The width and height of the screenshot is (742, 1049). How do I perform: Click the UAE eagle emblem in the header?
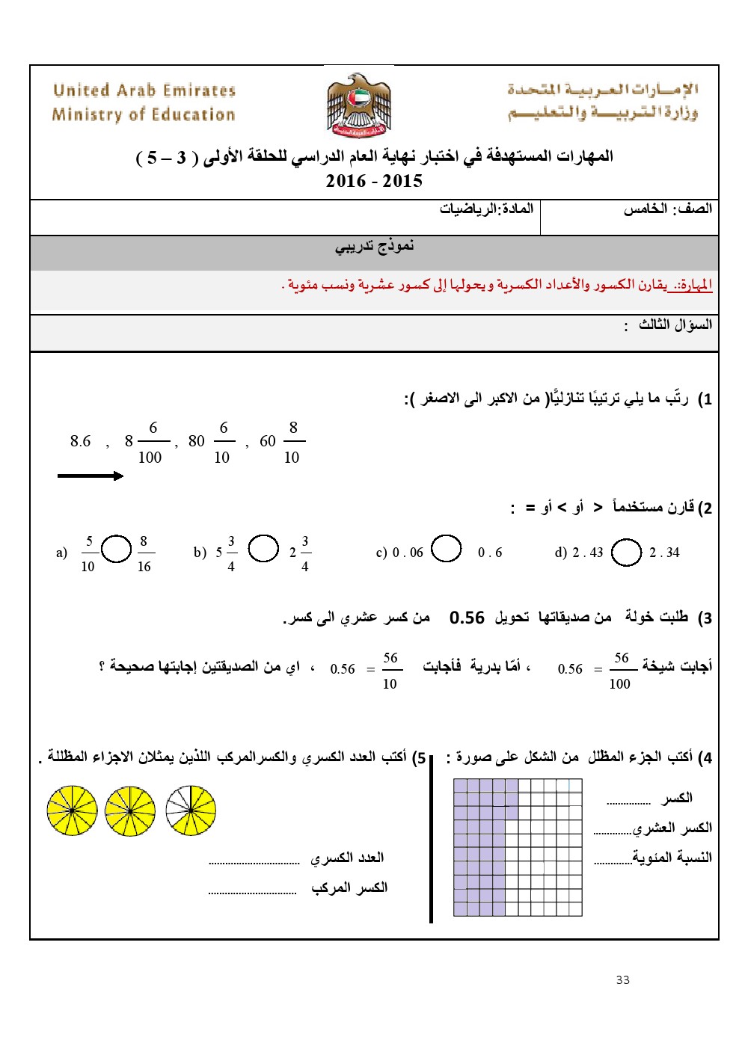pyautogui.click(x=359, y=105)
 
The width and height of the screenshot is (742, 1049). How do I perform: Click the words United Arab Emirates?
pyautogui.click(x=144, y=90)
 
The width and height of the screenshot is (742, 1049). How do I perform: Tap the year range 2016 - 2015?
pyautogui.click(x=374, y=181)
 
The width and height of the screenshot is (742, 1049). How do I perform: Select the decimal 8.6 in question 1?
pyautogui.click(x=80, y=441)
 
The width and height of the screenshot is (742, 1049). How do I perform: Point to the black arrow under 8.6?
pyautogui.click(x=91, y=476)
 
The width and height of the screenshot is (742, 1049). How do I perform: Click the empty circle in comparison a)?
pyautogui.click(x=116, y=549)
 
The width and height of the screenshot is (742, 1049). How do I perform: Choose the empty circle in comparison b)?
pyautogui.click(x=263, y=548)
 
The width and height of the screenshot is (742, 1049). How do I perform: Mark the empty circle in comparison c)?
pyautogui.click(x=447, y=548)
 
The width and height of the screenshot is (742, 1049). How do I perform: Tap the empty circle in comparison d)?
pyautogui.click(x=626, y=553)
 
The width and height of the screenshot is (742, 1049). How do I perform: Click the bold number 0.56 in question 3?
pyautogui.click(x=467, y=618)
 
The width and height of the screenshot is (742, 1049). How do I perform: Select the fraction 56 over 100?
pyautogui.click(x=620, y=670)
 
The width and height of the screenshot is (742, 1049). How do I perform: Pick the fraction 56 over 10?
pyautogui.click(x=390, y=670)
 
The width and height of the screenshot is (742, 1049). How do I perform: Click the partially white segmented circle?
pyautogui.click(x=191, y=810)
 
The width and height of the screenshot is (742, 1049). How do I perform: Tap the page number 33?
pyautogui.click(x=623, y=979)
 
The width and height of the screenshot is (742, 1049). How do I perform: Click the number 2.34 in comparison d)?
pyautogui.click(x=664, y=553)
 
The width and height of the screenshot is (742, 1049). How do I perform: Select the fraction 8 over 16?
pyautogui.click(x=144, y=553)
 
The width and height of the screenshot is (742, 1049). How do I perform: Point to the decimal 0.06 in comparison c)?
pyautogui.click(x=408, y=553)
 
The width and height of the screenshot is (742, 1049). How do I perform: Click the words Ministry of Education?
pyautogui.click(x=144, y=114)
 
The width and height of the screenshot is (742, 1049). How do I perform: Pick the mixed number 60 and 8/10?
pyautogui.click(x=282, y=441)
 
